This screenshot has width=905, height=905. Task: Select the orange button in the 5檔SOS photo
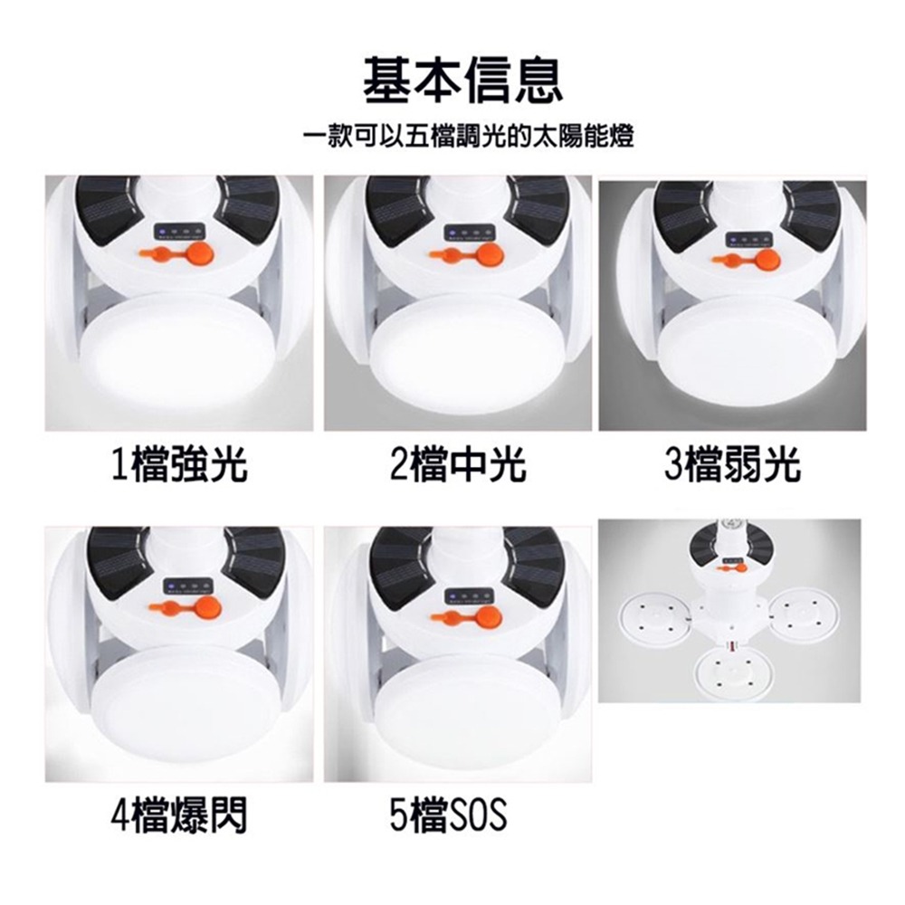coord(490,615)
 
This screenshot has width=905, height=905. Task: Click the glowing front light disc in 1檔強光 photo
coord(181,348)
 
